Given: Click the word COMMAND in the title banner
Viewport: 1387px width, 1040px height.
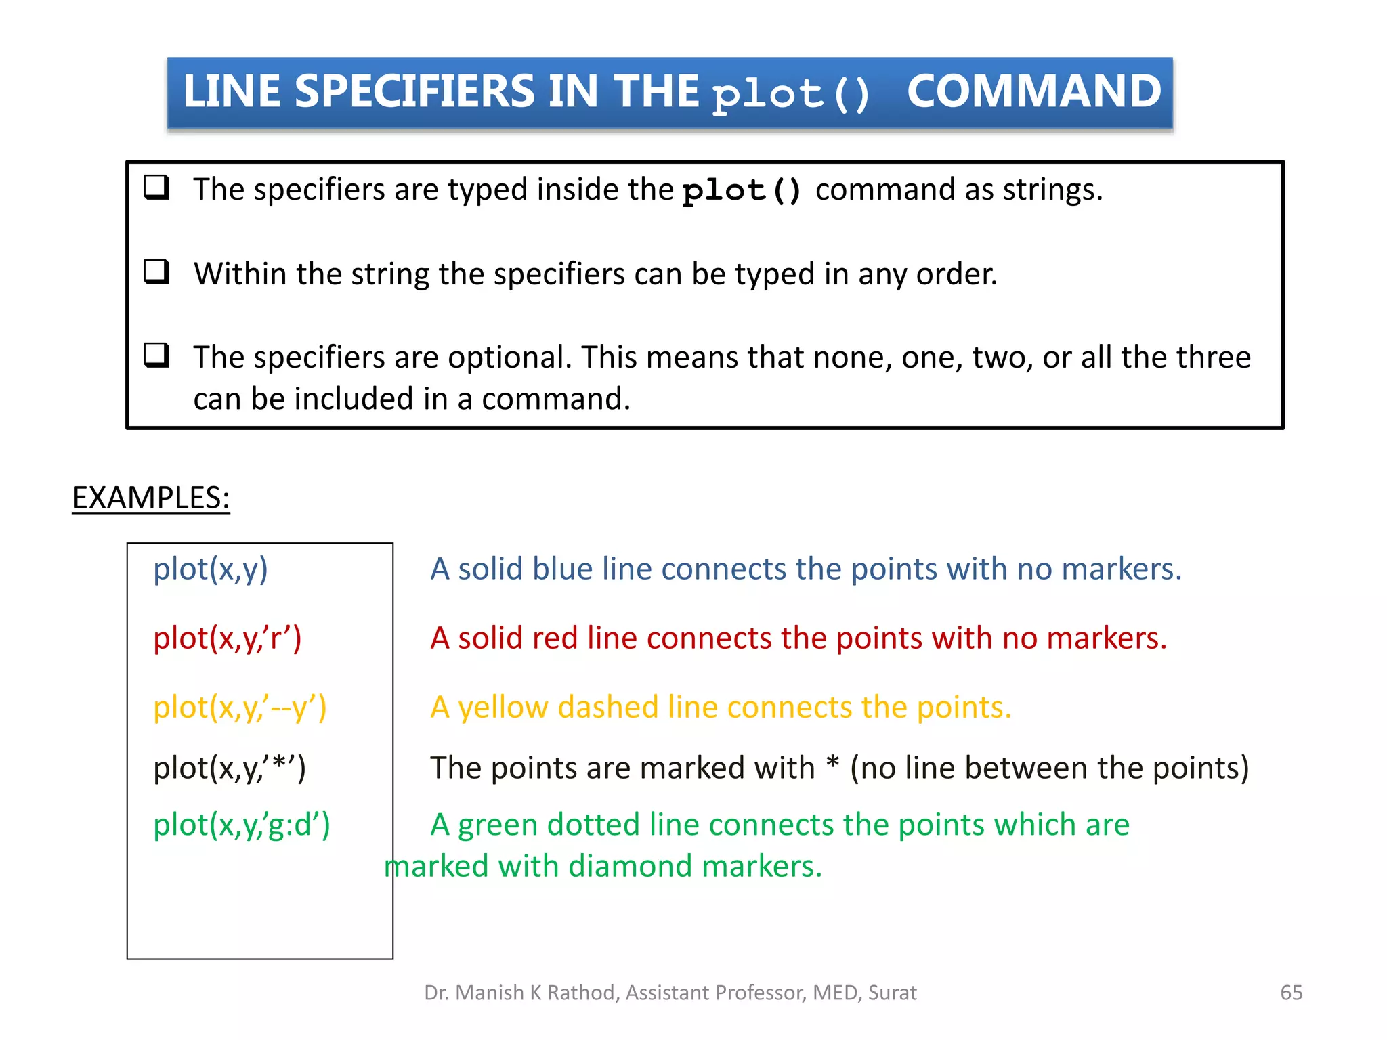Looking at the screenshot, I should tap(1033, 91).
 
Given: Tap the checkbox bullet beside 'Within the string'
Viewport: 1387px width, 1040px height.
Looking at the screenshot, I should tap(156, 272).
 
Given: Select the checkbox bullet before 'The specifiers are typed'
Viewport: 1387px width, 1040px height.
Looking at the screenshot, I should tap(156, 187).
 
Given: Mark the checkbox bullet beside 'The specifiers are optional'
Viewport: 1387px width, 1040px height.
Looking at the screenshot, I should tap(156, 355).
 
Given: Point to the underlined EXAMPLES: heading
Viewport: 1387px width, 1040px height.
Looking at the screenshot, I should tap(151, 498).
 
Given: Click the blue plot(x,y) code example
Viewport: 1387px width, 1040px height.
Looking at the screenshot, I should tap(211, 569).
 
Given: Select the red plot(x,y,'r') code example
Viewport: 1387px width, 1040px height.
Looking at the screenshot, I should tap(228, 638).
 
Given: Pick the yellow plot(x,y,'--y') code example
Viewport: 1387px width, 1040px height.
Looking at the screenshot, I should tap(240, 707).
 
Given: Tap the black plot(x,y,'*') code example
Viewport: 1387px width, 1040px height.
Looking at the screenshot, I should tap(230, 768).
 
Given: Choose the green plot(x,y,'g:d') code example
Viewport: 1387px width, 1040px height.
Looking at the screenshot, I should tap(242, 825).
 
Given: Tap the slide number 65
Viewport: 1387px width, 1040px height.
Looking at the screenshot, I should tap(1291, 992).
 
